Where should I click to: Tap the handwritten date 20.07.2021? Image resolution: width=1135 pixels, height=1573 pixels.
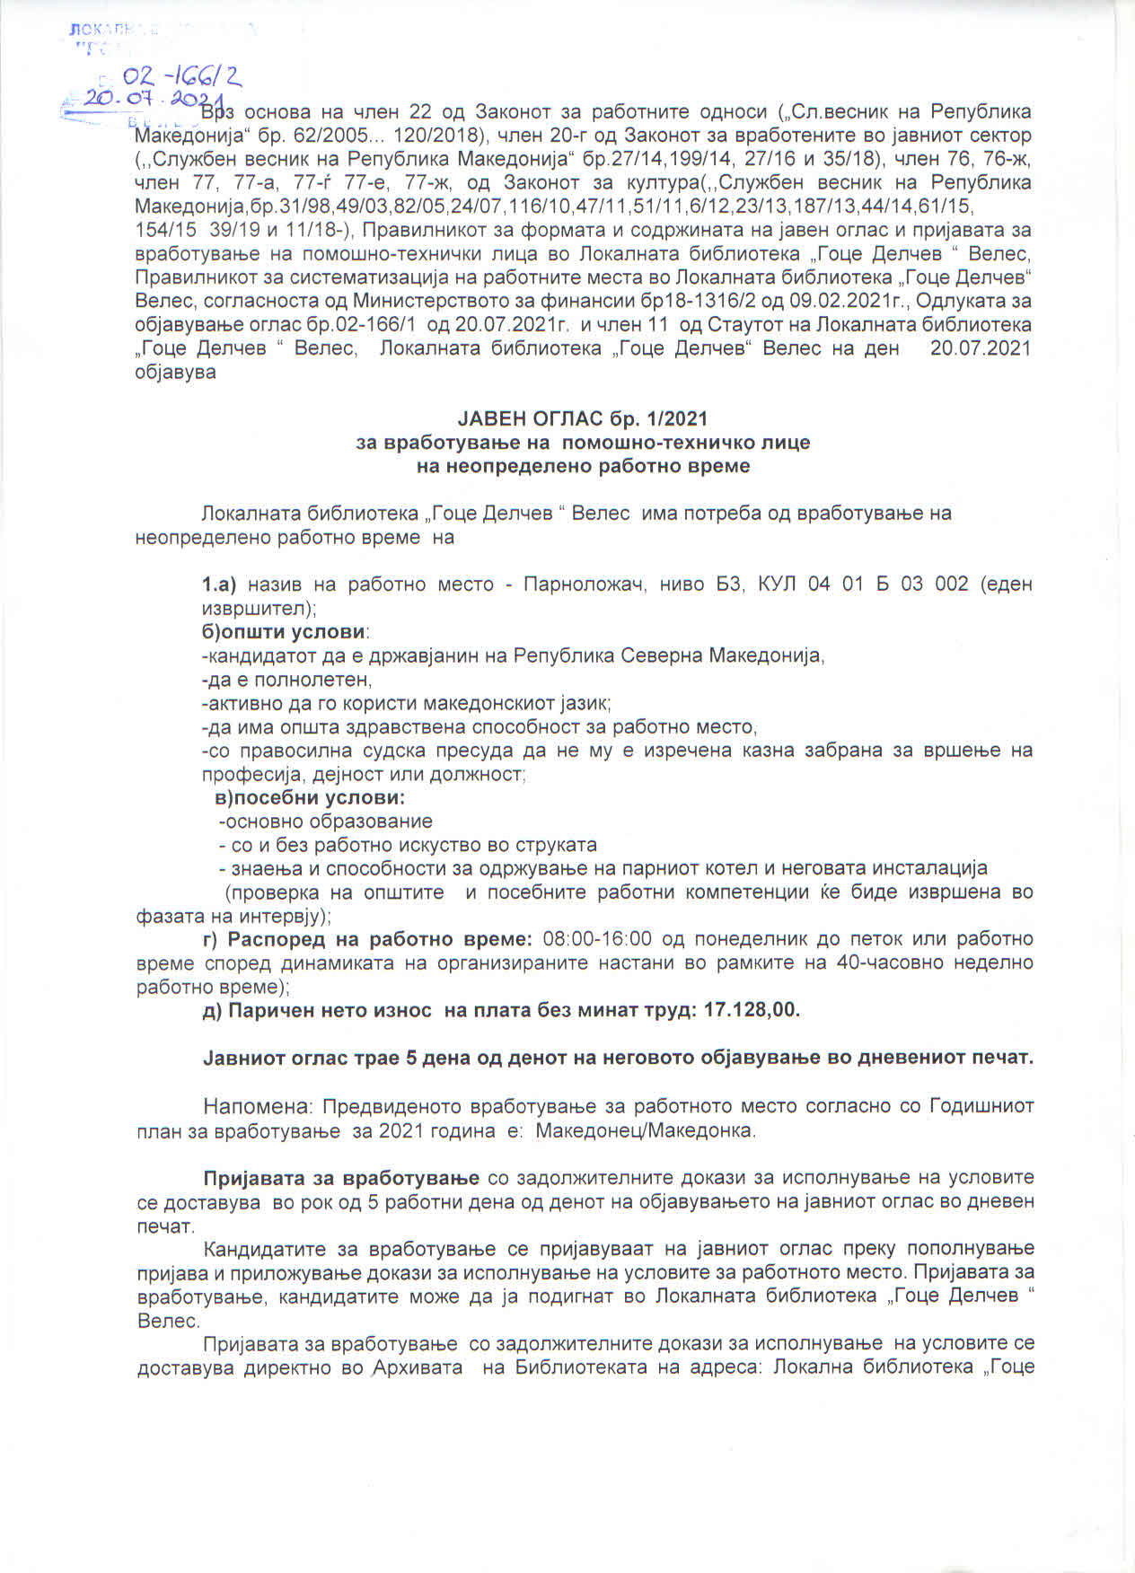[153, 100]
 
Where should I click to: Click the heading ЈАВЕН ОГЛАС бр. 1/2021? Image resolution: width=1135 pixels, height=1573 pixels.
[583, 418]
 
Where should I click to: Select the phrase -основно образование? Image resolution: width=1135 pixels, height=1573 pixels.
[326, 822]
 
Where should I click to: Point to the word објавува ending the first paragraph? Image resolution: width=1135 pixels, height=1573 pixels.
[175, 371]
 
